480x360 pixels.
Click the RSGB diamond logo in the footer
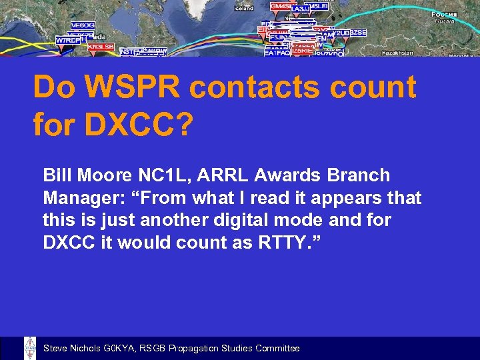click(30, 348)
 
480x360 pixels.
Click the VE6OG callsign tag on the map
click(83, 25)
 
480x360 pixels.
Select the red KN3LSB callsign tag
click(101, 47)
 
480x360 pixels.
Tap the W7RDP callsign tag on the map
click(68, 40)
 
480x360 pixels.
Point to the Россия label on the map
click(443, 14)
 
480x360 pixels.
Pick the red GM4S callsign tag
click(281, 6)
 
